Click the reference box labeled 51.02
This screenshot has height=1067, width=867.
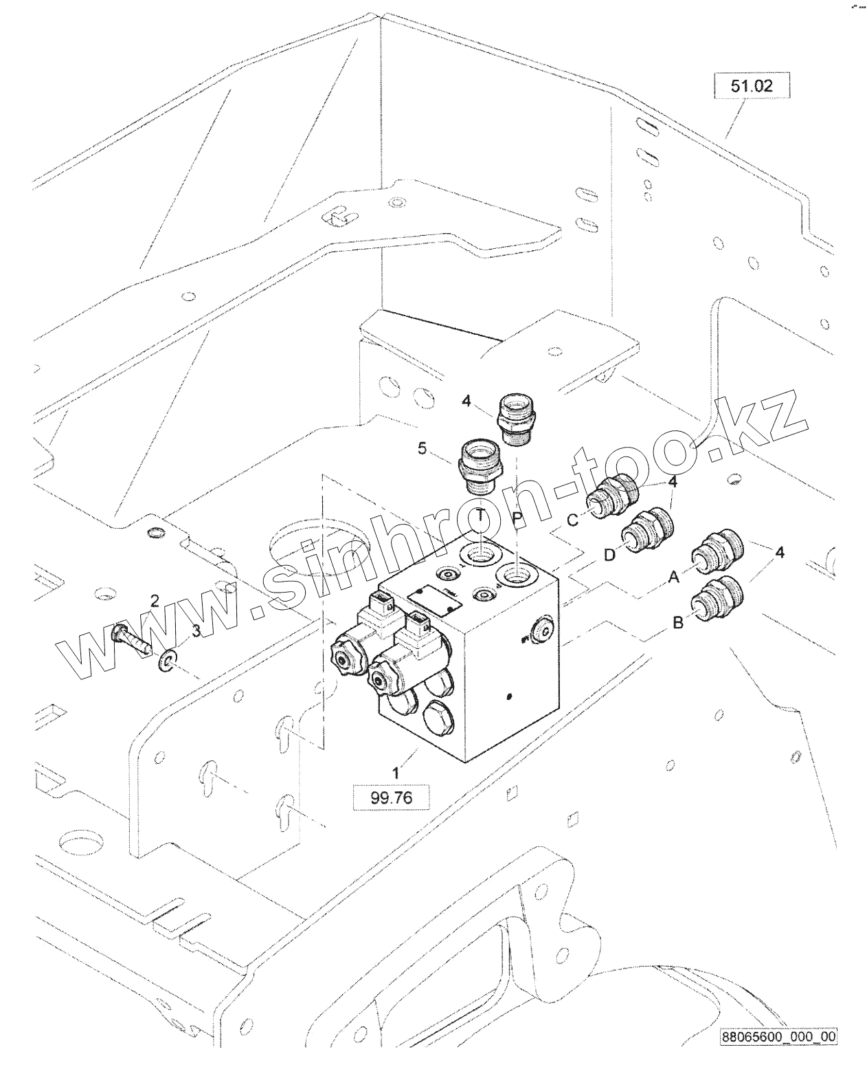752,87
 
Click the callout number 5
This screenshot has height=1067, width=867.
423,449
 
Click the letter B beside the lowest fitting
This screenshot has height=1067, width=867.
677,624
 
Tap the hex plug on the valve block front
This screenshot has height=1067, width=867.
436,725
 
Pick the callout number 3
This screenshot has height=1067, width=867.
196,631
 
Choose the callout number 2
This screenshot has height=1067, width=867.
155,602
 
